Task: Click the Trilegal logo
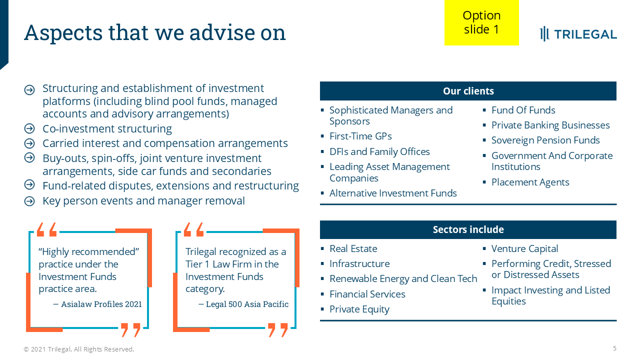point(578,34)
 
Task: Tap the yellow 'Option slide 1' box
point(481,22)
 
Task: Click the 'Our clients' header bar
point(468,91)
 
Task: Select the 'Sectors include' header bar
point(468,229)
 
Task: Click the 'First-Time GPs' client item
point(360,136)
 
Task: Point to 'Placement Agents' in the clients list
point(530,182)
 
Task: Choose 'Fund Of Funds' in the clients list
point(523,110)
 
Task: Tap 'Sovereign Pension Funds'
point(545,140)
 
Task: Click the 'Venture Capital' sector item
point(524,248)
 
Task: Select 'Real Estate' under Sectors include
point(353,248)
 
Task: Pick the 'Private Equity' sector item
point(359,309)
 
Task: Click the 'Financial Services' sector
point(367,294)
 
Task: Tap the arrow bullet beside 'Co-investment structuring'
point(29,128)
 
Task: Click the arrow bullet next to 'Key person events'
point(29,201)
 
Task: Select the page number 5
point(614,348)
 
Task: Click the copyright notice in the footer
point(79,349)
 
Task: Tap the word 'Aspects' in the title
point(63,33)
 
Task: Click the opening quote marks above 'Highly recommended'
point(46,229)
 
